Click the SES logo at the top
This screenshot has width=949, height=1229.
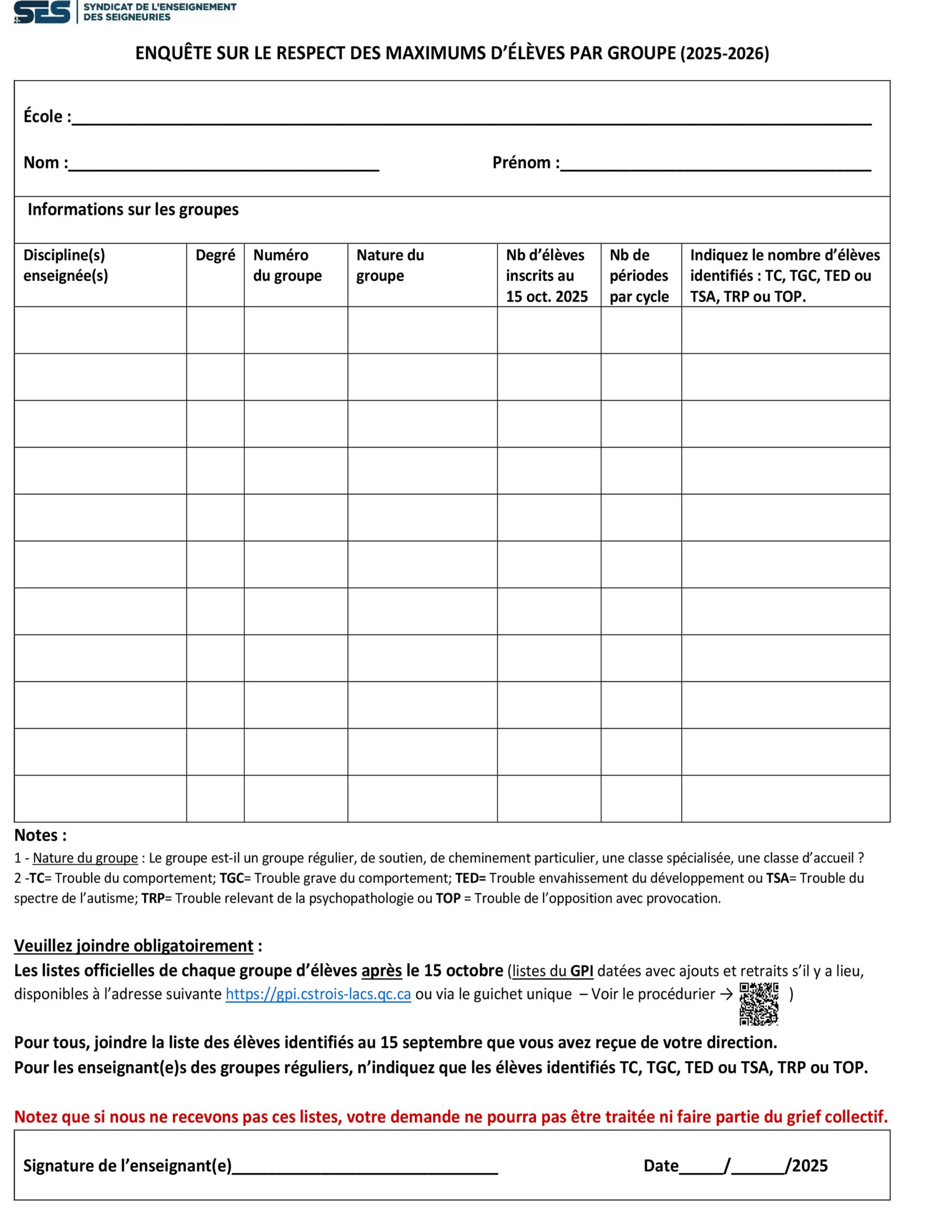(x=42, y=12)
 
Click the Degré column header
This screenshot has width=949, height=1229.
(x=215, y=255)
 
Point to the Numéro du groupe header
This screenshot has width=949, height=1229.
(x=287, y=265)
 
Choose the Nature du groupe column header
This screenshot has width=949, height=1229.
(x=390, y=265)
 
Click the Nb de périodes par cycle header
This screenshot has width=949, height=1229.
(x=639, y=275)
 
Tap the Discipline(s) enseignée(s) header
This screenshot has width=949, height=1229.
(x=65, y=265)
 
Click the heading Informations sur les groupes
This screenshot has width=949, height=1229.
(x=133, y=209)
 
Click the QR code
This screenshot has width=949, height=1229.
(x=759, y=1003)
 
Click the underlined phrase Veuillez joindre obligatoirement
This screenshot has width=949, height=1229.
(x=133, y=945)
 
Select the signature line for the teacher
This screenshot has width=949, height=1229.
(x=365, y=1167)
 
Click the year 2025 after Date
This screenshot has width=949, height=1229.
(x=809, y=1166)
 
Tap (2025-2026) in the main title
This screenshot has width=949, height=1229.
(x=724, y=53)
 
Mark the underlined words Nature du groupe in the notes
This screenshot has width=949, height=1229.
(x=85, y=858)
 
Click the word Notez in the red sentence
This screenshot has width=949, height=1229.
(x=36, y=1117)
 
